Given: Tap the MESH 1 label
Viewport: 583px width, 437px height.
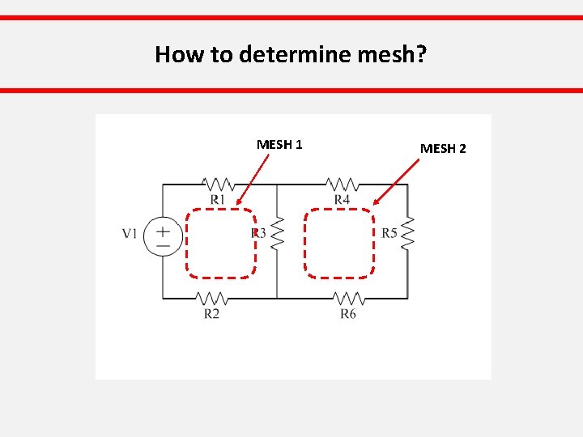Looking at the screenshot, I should pyautogui.click(x=279, y=145).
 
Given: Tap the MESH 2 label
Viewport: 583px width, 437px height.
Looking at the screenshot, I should pyautogui.click(x=443, y=149).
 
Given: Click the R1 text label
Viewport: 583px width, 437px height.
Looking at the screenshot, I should pyautogui.click(x=217, y=200).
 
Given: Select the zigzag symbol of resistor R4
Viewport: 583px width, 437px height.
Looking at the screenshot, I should pyautogui.click(x=343, y=185).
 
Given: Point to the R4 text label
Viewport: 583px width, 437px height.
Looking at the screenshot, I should pyautogui.click(x=343, y=200).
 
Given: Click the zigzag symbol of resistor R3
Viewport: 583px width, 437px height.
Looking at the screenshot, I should pyautogui.click(x=277, y=234).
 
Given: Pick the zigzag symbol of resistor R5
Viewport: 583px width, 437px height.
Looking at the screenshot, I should pyautogui.click(x=407, y=233).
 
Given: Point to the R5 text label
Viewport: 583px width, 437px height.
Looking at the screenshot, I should pyautogui.click(x=389, y=233).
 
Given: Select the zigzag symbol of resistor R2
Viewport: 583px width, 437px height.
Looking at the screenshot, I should pyautogui.click(x=211, y=299).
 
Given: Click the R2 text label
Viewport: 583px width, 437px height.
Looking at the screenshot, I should pyautogui.click(x=211, y=313).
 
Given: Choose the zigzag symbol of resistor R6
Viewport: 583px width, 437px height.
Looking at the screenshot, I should pyautogui.click(x=348, y=299).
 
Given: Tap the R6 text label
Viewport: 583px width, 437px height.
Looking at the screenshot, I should pyautogui.click(x=348, y=313).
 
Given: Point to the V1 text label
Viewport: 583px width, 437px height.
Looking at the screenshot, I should pyautogui.click(x=130, y=234).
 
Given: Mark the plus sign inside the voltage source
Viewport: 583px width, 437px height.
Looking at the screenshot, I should pyautogui.click(x=163, y=230).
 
